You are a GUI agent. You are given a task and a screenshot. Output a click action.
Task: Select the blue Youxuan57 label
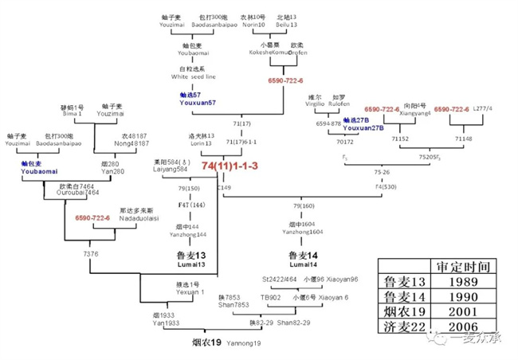point(196,102)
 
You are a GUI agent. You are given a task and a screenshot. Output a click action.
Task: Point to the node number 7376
point(91,252)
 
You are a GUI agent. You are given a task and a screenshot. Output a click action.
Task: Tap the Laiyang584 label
point(170,169)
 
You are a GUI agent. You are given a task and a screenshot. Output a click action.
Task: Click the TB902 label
point(271,297)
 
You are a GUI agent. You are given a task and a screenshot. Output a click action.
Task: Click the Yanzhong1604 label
point(304,233)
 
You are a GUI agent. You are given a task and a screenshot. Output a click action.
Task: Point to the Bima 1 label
point(72,114)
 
